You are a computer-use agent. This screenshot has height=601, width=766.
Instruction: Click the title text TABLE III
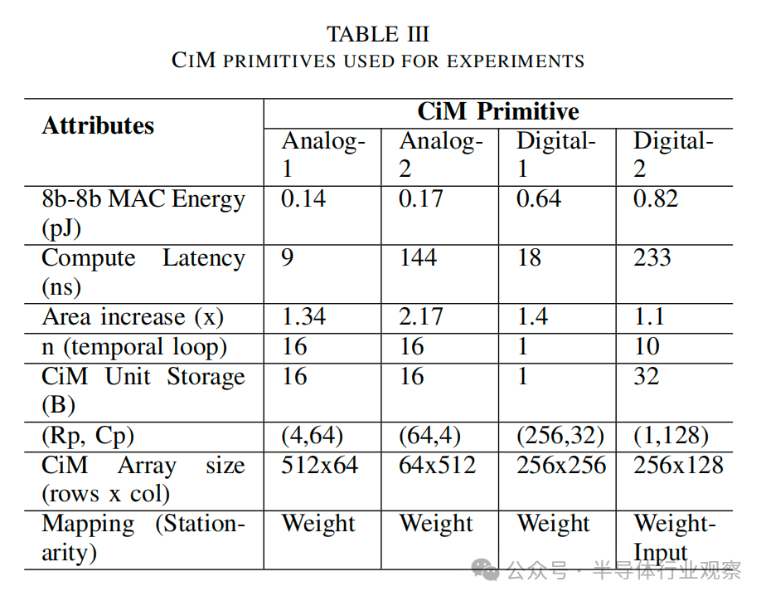click(378, 34)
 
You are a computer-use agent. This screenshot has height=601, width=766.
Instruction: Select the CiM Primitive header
click(497, 112)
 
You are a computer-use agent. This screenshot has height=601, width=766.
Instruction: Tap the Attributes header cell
click(98, 125)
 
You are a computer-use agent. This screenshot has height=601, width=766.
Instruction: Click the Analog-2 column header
click(440, 154)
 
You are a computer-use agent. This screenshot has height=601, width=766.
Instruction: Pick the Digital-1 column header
click(556, 154)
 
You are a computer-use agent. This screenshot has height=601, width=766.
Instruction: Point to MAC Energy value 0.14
click(303, 199)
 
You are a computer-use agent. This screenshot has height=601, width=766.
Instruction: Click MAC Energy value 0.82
click(656, 199)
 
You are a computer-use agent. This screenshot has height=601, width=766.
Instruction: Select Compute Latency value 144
click(418, 258)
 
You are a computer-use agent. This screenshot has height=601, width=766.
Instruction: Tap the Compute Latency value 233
click(652, 258)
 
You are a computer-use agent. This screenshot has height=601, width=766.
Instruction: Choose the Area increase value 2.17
click(421, 317)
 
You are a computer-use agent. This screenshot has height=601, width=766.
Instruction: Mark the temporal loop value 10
click(647, 346)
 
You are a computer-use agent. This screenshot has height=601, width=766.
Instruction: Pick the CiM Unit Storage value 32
click(647, 376)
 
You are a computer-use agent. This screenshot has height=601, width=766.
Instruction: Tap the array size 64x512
click(438, 465)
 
